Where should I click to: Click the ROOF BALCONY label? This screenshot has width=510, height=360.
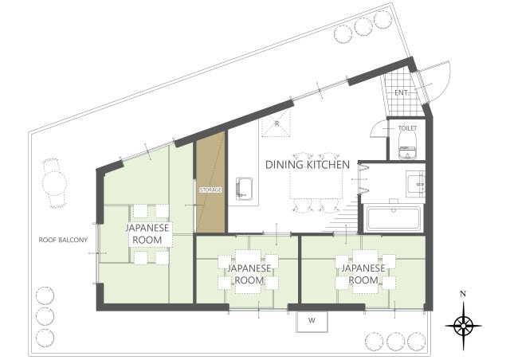coord(63,240)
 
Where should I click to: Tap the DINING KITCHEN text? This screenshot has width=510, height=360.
coord(308,165)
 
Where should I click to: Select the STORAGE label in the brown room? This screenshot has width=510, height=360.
coord(210,190)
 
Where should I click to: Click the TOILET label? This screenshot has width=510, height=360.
coord(407,128)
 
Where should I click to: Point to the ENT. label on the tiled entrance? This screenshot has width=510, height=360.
coord(402,92)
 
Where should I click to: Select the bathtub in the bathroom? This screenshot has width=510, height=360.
coord(394,218)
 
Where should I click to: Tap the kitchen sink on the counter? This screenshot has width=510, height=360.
coord(244,189)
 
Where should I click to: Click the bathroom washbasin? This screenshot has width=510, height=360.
coord(415,184)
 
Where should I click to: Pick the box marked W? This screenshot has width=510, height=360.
coord(312,321)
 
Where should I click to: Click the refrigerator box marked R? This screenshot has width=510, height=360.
coord(277,123)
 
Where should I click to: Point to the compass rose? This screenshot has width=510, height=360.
coord(463,325)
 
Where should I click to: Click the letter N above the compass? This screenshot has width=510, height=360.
coord(463,294)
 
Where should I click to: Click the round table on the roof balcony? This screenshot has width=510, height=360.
coord(55,183)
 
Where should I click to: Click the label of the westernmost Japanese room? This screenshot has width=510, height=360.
coord(147,234)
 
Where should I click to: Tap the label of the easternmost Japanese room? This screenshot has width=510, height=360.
coord(363,274)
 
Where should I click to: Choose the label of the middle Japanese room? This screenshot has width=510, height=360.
coord(249,274)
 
